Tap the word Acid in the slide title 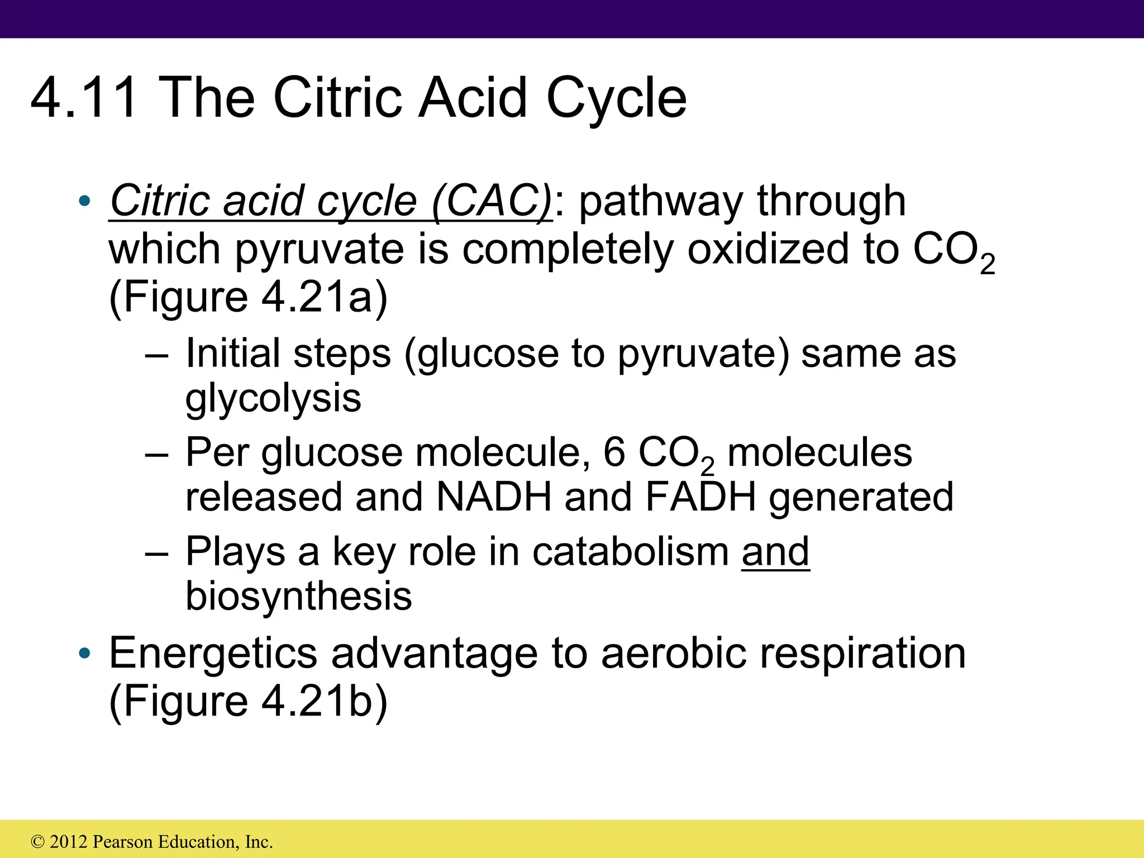pyautogui.click(x=473, y=98)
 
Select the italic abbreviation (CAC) pyautogui.click(x=492, y=201)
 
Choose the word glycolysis pyautogui.click(x=273, y=399)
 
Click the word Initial pyautogui.click(x=232, y=354)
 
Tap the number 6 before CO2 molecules pyautogui.click(x=614, y=452)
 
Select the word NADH pyautogui.click(x=494, y=497)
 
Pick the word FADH pyautogui.click(x=700, y=497)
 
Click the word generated pyautogui.click(x=861, y=498)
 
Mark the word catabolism pyautogui.click(x=631, y=552)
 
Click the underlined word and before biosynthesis pyautogui.click(x=775, y=552)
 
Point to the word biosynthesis pyautogui.click(x=299, y=596)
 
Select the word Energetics pyautogui.click(x=213, y=654)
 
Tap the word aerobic pyautogui.click(x=674, y=654)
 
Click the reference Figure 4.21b pyautogui.click(x=249, y=701)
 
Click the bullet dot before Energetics pyautogui.click(x=84, y=653)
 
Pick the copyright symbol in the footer pyautogui.click(x=38, y=842)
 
